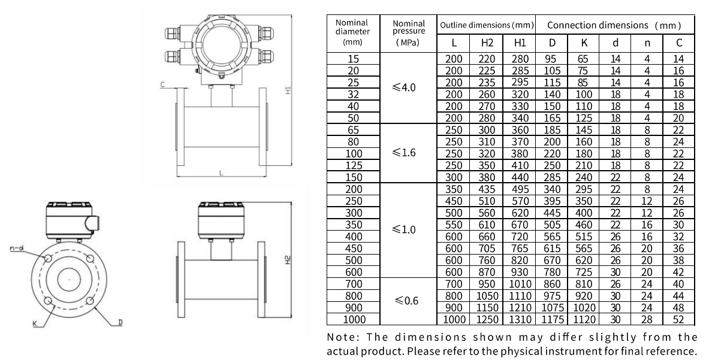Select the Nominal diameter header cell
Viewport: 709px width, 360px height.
352,32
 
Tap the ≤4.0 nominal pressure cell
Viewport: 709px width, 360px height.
404,87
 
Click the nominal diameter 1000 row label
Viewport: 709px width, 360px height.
354,319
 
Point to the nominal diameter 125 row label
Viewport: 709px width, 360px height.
354,165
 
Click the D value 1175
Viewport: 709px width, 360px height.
553,319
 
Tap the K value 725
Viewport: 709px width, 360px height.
584,272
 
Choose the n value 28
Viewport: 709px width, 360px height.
647,319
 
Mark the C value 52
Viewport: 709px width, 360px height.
678,319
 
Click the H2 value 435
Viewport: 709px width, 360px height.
487,189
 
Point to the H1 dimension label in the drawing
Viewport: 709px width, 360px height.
288,89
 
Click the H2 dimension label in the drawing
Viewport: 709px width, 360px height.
288,261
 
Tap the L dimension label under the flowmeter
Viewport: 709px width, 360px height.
221,173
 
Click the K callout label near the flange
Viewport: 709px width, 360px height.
35,322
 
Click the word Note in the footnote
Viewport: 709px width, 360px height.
342,337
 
